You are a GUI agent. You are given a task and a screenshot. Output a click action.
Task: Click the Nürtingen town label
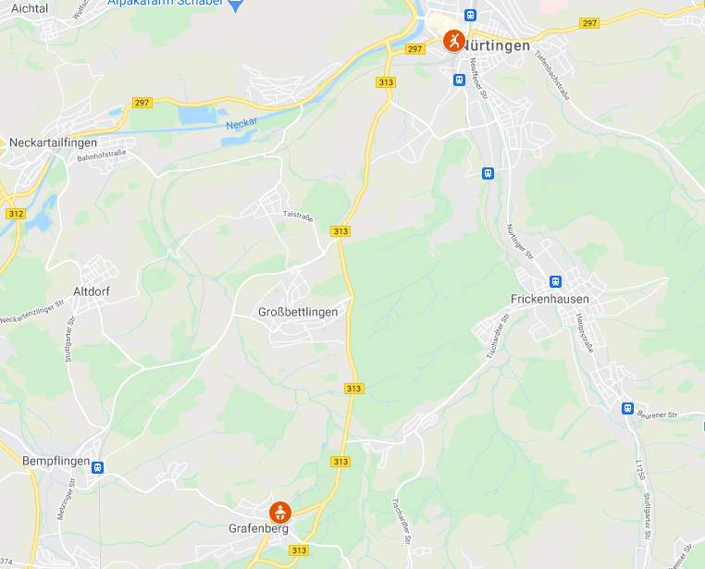coord(497,45)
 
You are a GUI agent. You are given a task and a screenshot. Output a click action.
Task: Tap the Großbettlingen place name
coord(298,313)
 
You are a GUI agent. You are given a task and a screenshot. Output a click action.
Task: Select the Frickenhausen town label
coord(550,300)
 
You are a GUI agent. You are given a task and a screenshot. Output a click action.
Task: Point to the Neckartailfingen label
coord(53,142)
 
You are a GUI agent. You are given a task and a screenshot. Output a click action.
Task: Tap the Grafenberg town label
coord(258,530)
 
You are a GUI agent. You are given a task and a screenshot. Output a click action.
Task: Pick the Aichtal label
coord(30,7)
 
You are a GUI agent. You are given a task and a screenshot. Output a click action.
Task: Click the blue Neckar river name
coord(241,123)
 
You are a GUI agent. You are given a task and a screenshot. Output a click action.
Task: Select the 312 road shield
coord(15,214)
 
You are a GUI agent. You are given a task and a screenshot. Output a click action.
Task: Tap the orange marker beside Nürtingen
coord(453,41)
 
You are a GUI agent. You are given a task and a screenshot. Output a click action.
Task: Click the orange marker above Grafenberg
coord(279,511)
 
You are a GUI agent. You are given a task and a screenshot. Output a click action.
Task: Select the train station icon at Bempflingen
coord(97,467)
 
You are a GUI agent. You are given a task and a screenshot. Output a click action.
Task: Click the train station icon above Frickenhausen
coord(555,281)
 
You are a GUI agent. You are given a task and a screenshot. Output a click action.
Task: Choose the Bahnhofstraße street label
coord(101,157)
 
